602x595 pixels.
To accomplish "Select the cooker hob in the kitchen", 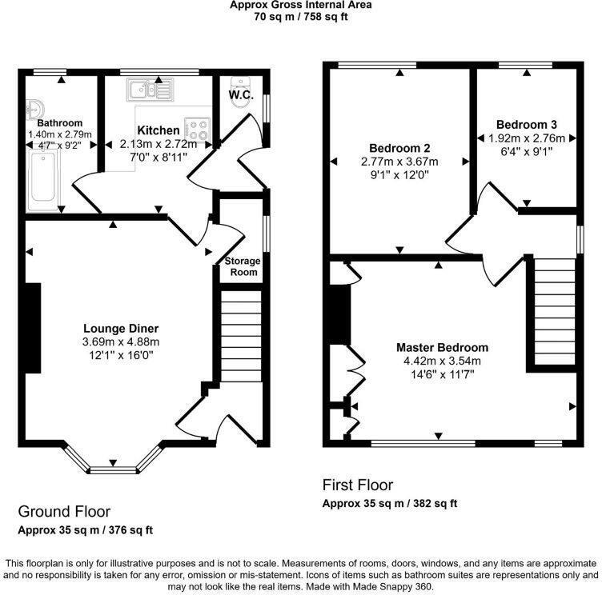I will pos(197,130).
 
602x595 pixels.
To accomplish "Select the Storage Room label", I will pos(241,267).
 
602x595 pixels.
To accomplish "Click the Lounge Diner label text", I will pos(121,328).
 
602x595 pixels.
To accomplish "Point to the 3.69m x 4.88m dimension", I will pos(121,341).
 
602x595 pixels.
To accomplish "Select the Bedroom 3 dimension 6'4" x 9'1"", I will pos(527,150).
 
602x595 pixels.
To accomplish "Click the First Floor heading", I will pos(358,485).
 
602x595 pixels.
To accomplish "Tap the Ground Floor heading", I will pos(64,511).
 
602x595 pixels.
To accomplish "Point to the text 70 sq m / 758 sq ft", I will pos(301,15).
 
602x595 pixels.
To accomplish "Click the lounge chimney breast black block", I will pos(33,328).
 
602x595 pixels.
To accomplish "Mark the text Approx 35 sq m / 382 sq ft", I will pos(389,504).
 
